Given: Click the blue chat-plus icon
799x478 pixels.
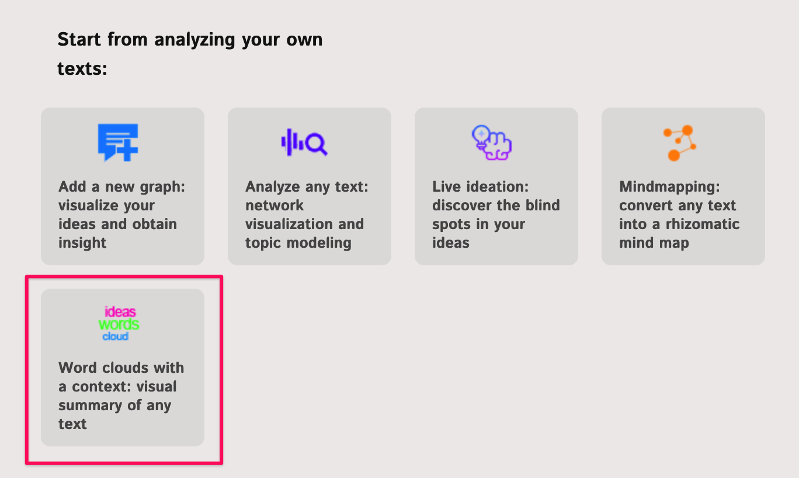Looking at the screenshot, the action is click(118, 143).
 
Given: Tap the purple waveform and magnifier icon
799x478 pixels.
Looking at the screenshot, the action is click(304, 143).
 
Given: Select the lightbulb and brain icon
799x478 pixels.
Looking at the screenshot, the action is click(492, 143).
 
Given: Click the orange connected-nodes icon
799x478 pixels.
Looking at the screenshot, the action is click(680, 143).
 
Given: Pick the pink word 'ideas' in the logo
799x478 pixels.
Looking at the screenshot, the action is click(120, 311).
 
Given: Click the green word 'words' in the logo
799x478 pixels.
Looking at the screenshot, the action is click(119, 324).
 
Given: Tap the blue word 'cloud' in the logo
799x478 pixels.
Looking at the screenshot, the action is click(115, 336).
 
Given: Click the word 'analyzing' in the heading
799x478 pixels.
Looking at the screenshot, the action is click(194, 40).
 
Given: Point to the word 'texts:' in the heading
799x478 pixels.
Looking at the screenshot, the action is click(82, 68).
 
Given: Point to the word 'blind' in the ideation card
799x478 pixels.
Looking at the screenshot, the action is click(543, 205).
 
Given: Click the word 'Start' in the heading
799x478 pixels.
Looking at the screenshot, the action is click(79, 39).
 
